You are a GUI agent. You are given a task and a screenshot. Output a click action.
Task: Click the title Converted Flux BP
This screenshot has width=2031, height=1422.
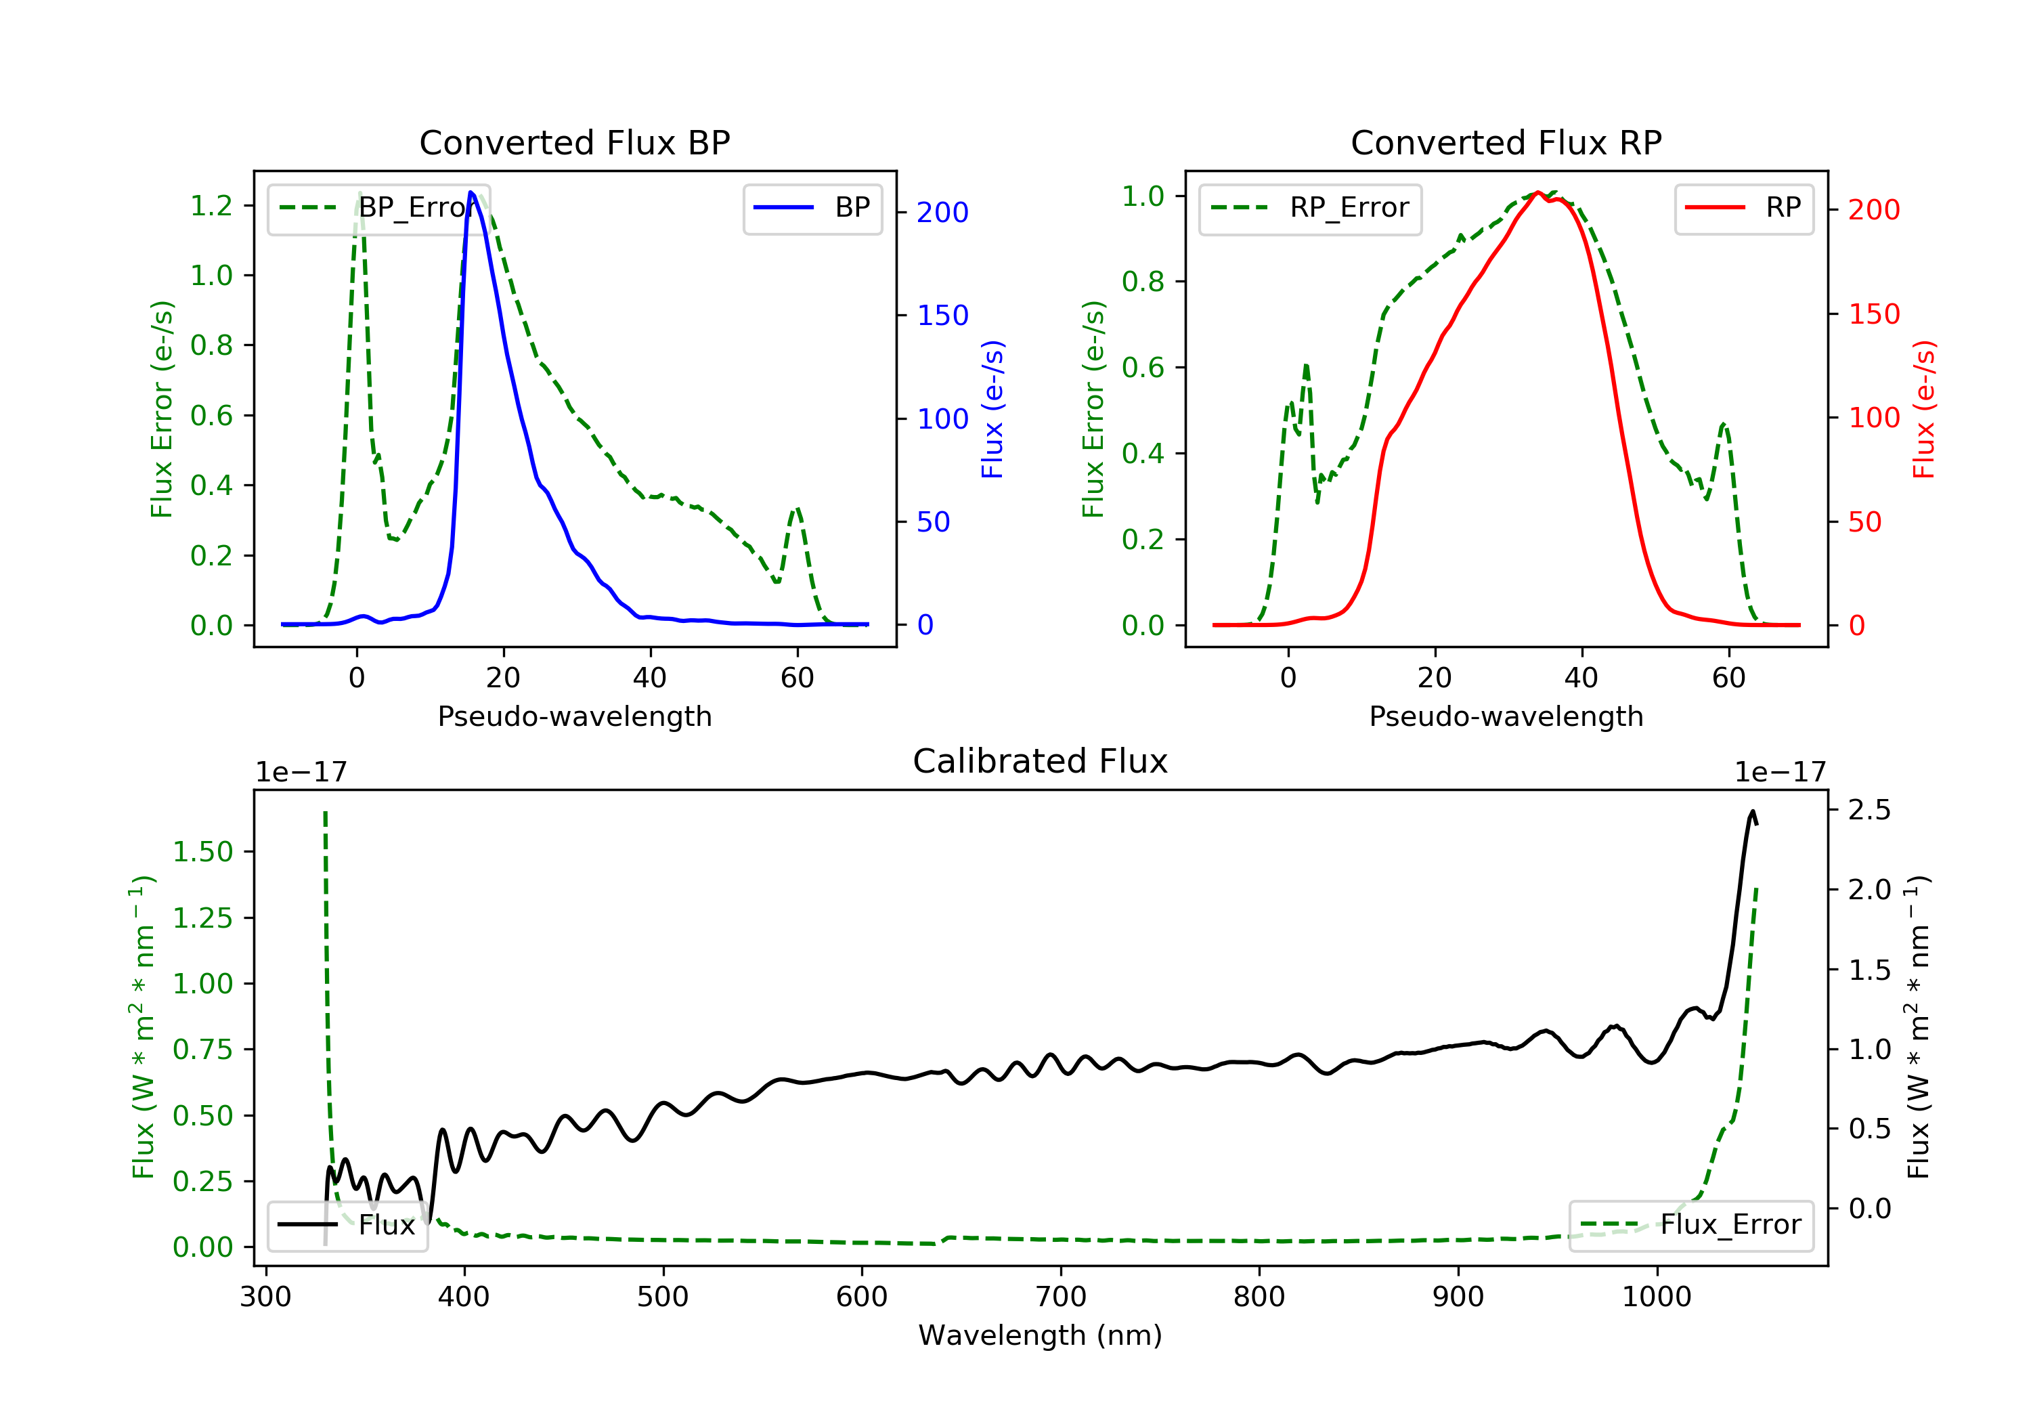pyautogui.click(x=574, y=142)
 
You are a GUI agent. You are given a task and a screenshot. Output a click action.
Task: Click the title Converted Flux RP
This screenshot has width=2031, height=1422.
pyautogui.click(x=1506, y=142)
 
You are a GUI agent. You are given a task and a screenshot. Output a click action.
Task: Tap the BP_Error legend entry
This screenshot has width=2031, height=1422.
pyautogui.click(x=378, y=208)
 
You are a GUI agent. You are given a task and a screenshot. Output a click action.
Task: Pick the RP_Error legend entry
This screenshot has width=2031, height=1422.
pyautogui.click(x=1310, y=208)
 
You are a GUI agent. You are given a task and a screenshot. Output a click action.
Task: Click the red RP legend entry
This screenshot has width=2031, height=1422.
pyautogui.click(x=1743, y=208)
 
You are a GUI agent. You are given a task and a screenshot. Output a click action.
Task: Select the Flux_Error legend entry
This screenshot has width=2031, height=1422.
pyautogui.click(x=1690, y=1225)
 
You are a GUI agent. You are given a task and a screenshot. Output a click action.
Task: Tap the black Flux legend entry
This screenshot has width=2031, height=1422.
pyautogui.click(x=348, y=1225)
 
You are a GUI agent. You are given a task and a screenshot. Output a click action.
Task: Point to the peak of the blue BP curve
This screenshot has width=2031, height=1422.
pyautogui.click(x=471, y=192)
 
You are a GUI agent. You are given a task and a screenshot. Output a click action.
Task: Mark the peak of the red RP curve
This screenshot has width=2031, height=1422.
pyautogui.click(x=1538, y=193)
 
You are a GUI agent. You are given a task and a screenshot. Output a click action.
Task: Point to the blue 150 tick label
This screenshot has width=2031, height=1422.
pyautogui.click(x=942, y=315)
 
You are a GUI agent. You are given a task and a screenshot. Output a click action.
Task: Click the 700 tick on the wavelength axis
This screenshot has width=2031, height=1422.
pyautogui.click(x=1061, y=1297)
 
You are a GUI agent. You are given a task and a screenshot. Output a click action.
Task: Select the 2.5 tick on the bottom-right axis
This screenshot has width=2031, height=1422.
pyautogui.click(x=1869, y=810)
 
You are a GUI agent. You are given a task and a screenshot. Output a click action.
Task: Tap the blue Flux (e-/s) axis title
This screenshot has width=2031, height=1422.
pyautogui.click(x=992, y=409)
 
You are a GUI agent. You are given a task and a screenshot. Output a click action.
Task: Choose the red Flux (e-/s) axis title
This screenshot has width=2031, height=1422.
pyautogui.click(x=1924, y=409)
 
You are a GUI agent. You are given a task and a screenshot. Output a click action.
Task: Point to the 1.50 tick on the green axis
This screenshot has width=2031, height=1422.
pyautogui.click(x=202, y=852)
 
